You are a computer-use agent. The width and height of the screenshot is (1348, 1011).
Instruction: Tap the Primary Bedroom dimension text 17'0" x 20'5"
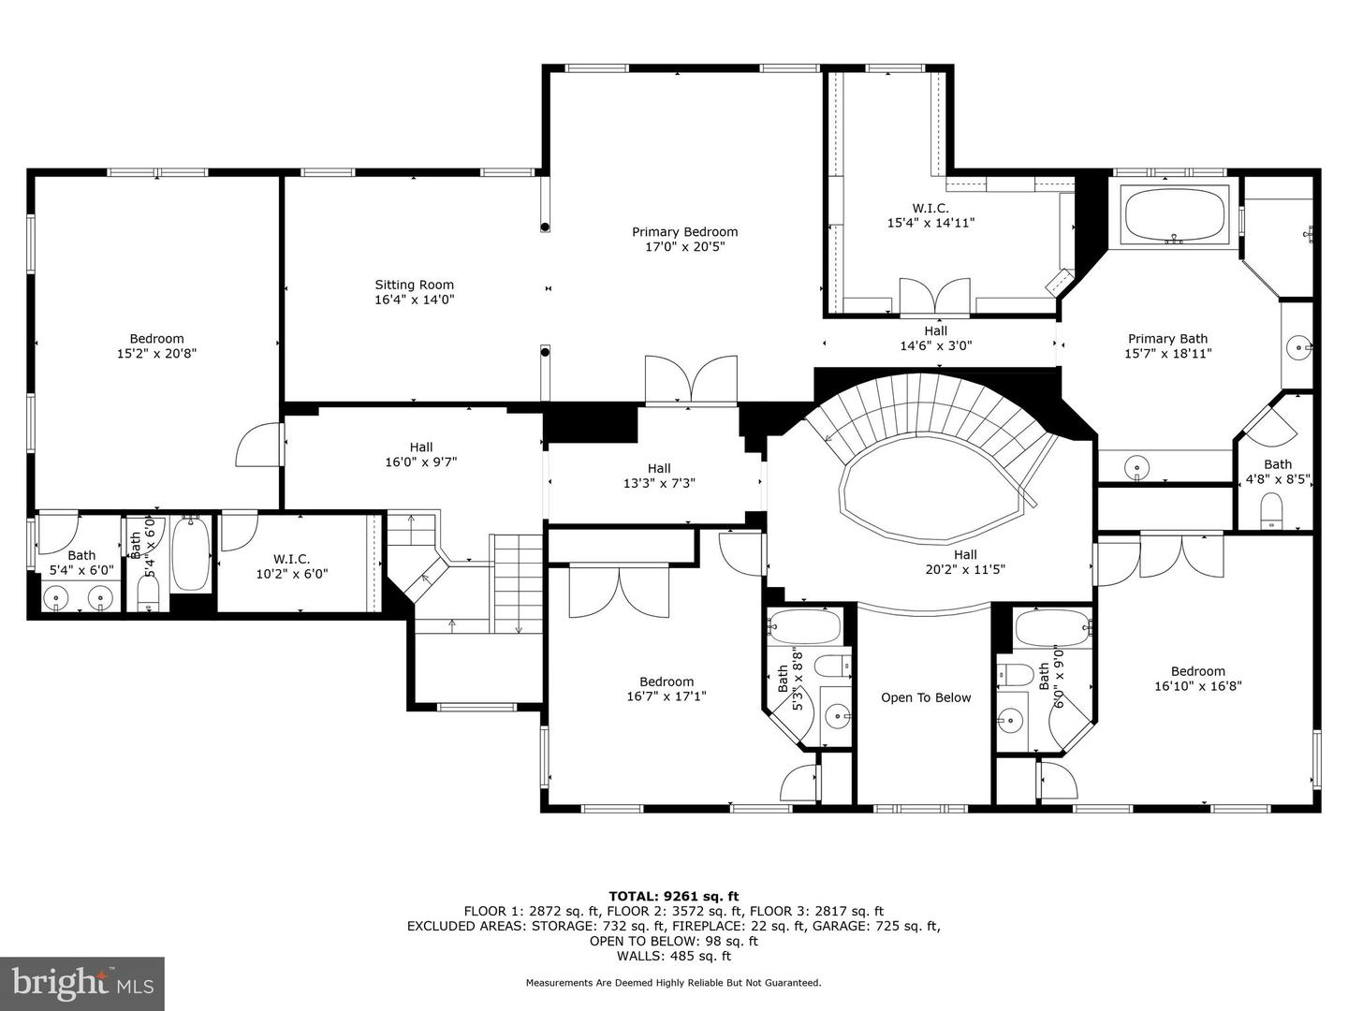pyautogui.click(x=684, y=247)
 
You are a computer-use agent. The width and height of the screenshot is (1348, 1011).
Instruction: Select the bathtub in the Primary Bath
pyautogui.click(x=1175, y=215)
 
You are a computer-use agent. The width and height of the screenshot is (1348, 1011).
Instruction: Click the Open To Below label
pyautogui.click(x=926, y=697)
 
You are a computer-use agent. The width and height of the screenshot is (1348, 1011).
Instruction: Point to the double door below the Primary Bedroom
pyautogui.click(x=691, y=380)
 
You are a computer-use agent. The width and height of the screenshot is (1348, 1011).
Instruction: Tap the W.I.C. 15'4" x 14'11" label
pyautogui.click(x=930, y=215)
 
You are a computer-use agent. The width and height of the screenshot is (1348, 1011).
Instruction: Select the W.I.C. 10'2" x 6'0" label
pyautogui.click(x=291, y=566)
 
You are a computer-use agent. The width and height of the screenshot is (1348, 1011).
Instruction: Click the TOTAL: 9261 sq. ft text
pyautogui.click(x=673, y=896)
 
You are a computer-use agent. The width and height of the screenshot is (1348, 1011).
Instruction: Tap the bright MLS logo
pyautogui.click(x=82, y=983)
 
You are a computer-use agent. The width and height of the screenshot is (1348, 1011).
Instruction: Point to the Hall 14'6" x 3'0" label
pyautogui.click(x=935, y=338)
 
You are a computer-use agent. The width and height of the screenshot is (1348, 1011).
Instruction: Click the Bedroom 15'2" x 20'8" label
pyautogui.click(x=156, y=345)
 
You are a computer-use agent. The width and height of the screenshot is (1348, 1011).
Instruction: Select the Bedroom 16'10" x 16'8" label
pyautogui.click(x=1197, y=678)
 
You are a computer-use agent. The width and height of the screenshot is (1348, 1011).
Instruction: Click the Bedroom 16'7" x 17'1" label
pyautogui.click(x=666, y=689)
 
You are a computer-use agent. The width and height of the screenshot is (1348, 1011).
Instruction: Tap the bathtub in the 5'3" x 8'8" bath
pyautogui.click(x=804, y=625)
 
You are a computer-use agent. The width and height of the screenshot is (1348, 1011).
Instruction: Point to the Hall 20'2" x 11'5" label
pyautogui.click(x=964, y=562)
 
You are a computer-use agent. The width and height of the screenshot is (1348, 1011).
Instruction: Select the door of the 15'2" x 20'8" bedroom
pyautogui.click(x=259, y=445)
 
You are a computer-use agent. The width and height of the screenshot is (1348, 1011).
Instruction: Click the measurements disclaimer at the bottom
pyautogui.click(x=673, y=983)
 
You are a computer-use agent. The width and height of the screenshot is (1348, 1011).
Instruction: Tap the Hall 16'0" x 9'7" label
pyautogui.click(x=420, y=455)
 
